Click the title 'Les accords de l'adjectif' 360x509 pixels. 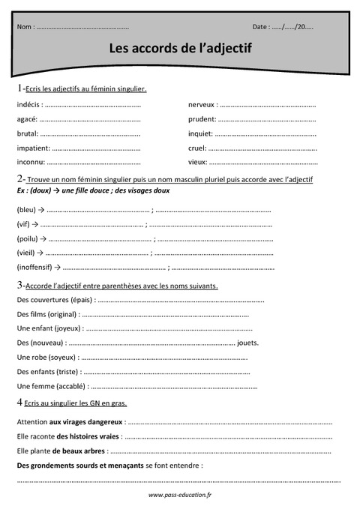(x=181, y=49)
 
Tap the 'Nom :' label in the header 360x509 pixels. (x=25, y=27)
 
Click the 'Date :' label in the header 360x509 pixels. (x=261, y=27)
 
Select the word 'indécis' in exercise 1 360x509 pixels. (x=28, y=104)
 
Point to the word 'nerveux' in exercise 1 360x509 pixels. (x=202, y=104)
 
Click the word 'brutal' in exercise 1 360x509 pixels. (x=28, y=133)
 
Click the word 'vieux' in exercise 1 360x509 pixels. (x=197, y=161)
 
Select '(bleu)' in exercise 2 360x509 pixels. (x=26, y=210)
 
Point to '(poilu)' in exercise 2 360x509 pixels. (x=27, y=238)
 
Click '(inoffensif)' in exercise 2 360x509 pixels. (x=34, y=267)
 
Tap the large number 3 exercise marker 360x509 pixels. (x=19, y=285)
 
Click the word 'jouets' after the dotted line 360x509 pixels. (x=248, y=343)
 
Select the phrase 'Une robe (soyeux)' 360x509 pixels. (x=46, y=357)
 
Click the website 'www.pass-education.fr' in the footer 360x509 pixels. (x=180, y=495)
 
